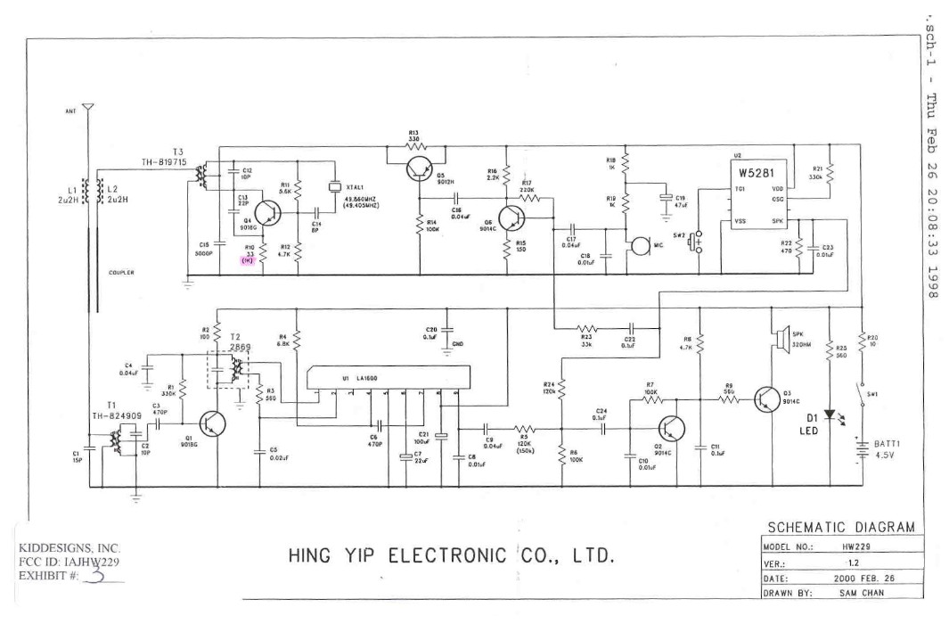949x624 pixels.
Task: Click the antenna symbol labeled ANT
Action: (86, 108)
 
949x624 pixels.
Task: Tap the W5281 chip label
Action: (752, 170)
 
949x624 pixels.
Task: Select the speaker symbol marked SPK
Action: (777, 337)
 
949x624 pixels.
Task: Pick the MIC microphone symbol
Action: (639, 244)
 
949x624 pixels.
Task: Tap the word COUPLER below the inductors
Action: (121, 274)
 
